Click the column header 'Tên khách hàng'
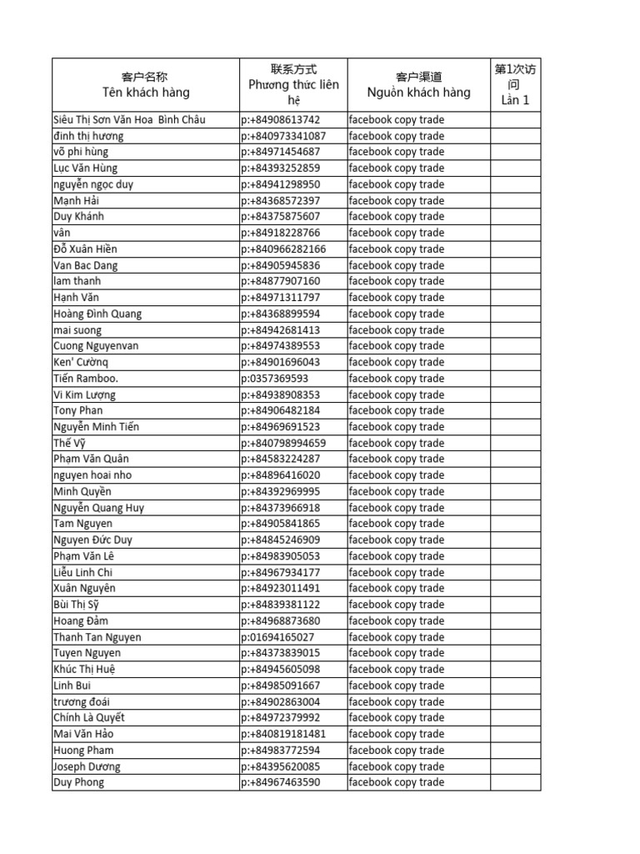point(146,93)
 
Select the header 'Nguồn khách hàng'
point(418,93)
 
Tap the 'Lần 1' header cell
point(515,100)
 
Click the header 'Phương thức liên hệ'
point(293,85)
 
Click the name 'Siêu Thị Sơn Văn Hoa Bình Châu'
point(129,119)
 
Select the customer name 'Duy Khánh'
point(79,217)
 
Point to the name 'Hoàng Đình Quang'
point(97,314)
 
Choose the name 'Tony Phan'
point(78,410)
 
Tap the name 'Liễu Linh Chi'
point(83,572)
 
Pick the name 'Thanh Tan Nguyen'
point(97,637)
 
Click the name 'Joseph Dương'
point(87,766)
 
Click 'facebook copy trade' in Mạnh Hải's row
point(397,200)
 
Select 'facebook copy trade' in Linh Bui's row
point(397,686)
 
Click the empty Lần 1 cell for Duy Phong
point(515,782)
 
